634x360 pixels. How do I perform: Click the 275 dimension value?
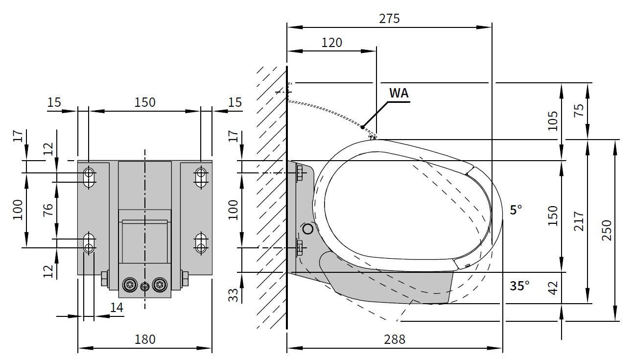point(390,19)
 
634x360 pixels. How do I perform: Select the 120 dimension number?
point(332,43)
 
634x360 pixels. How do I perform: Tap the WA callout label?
point(399,93)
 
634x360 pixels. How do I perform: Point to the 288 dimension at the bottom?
point(395,339)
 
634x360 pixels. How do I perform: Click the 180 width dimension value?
point(145,339)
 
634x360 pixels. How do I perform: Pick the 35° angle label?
point(519,286)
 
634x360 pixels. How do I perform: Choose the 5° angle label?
point(516,210)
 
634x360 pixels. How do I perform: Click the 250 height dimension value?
point(607,230)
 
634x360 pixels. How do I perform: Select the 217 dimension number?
point(579,221)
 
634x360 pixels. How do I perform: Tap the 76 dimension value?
point(48,210)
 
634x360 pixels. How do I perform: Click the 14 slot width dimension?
point(117,307)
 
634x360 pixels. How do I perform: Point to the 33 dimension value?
point(234,295)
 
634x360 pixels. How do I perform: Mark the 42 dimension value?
point(553,288)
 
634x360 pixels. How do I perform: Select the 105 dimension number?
point(553,121)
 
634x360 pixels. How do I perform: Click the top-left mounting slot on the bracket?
point(89,178)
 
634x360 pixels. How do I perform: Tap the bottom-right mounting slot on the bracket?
point(201,243)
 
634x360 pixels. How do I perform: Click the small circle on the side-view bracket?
point(308,229)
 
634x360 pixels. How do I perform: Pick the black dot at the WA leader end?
point(363,127)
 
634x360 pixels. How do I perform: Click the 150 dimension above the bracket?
point(145,102)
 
